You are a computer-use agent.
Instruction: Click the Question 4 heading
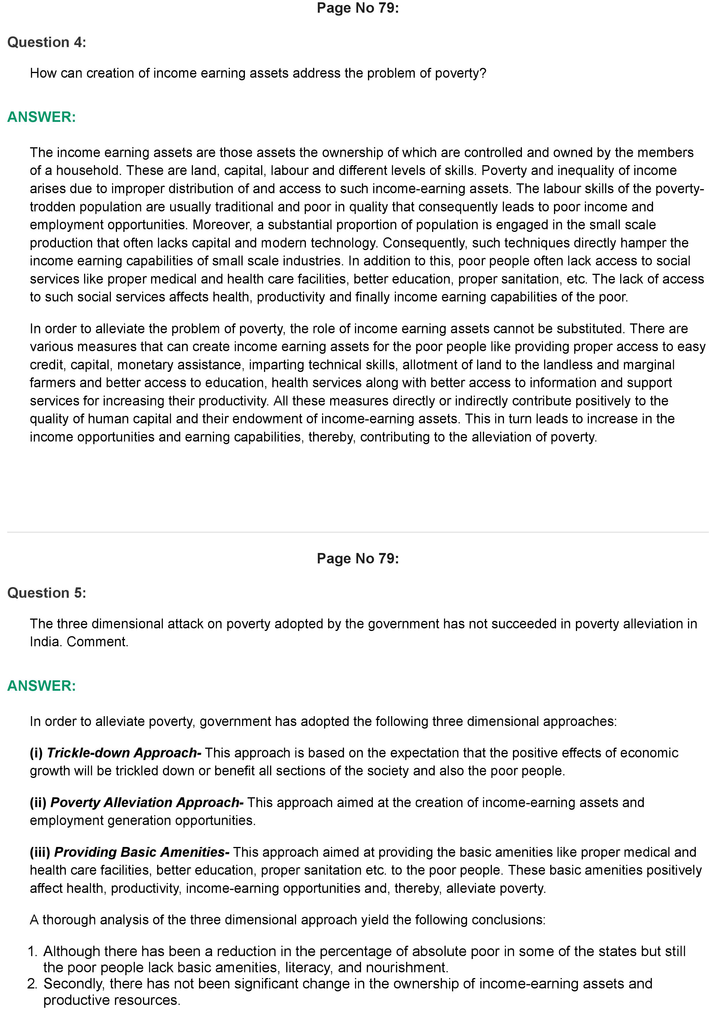pyautogui.click(x=47, y=42)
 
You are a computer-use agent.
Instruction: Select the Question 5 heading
pyautogui.click(x=47, y=593)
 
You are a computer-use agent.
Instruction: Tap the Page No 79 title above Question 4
pyautogui.click(x=358, y=8)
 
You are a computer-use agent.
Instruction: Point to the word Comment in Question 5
pyautogui.click(x=97, y=642)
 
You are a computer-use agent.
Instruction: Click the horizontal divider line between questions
pyautogui.click(x=358, y=532)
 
